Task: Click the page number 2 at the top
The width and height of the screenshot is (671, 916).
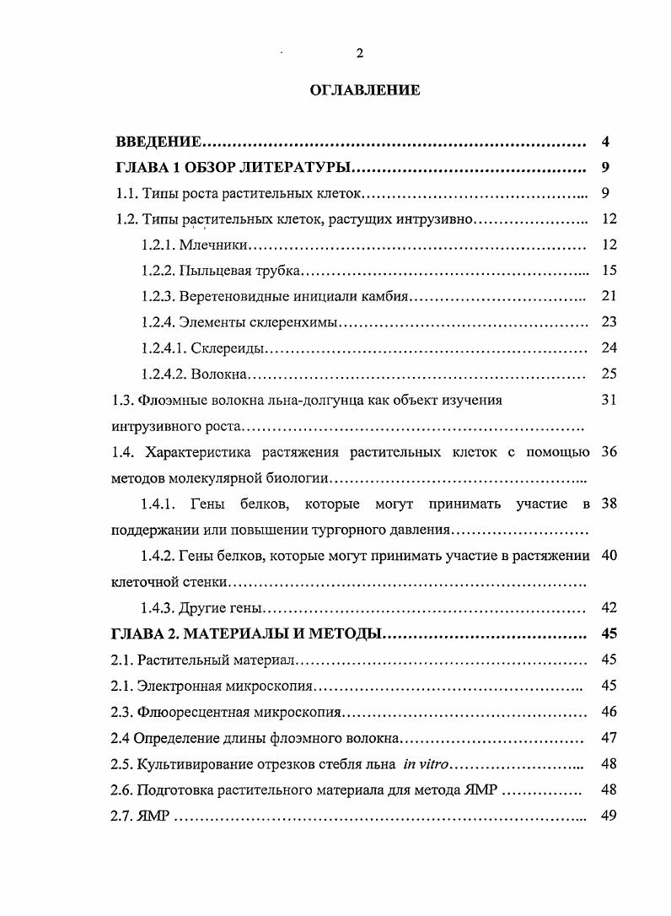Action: tap(360, 53)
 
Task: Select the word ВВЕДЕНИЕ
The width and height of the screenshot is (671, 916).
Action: tap(158, 141)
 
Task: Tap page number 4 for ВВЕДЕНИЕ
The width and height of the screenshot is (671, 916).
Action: tap(606, 140)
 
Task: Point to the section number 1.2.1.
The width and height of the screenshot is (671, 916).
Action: tap(158, 245)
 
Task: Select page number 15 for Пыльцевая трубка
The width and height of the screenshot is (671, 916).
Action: tap(610, 271)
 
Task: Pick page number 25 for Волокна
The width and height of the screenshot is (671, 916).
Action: tap(610, 374)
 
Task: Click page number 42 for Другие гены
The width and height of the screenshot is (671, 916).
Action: tap(610, 607)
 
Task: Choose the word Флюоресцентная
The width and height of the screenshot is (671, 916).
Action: tap(190, 713)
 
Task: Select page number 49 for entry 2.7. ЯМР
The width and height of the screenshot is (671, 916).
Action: tap(610, 816)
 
